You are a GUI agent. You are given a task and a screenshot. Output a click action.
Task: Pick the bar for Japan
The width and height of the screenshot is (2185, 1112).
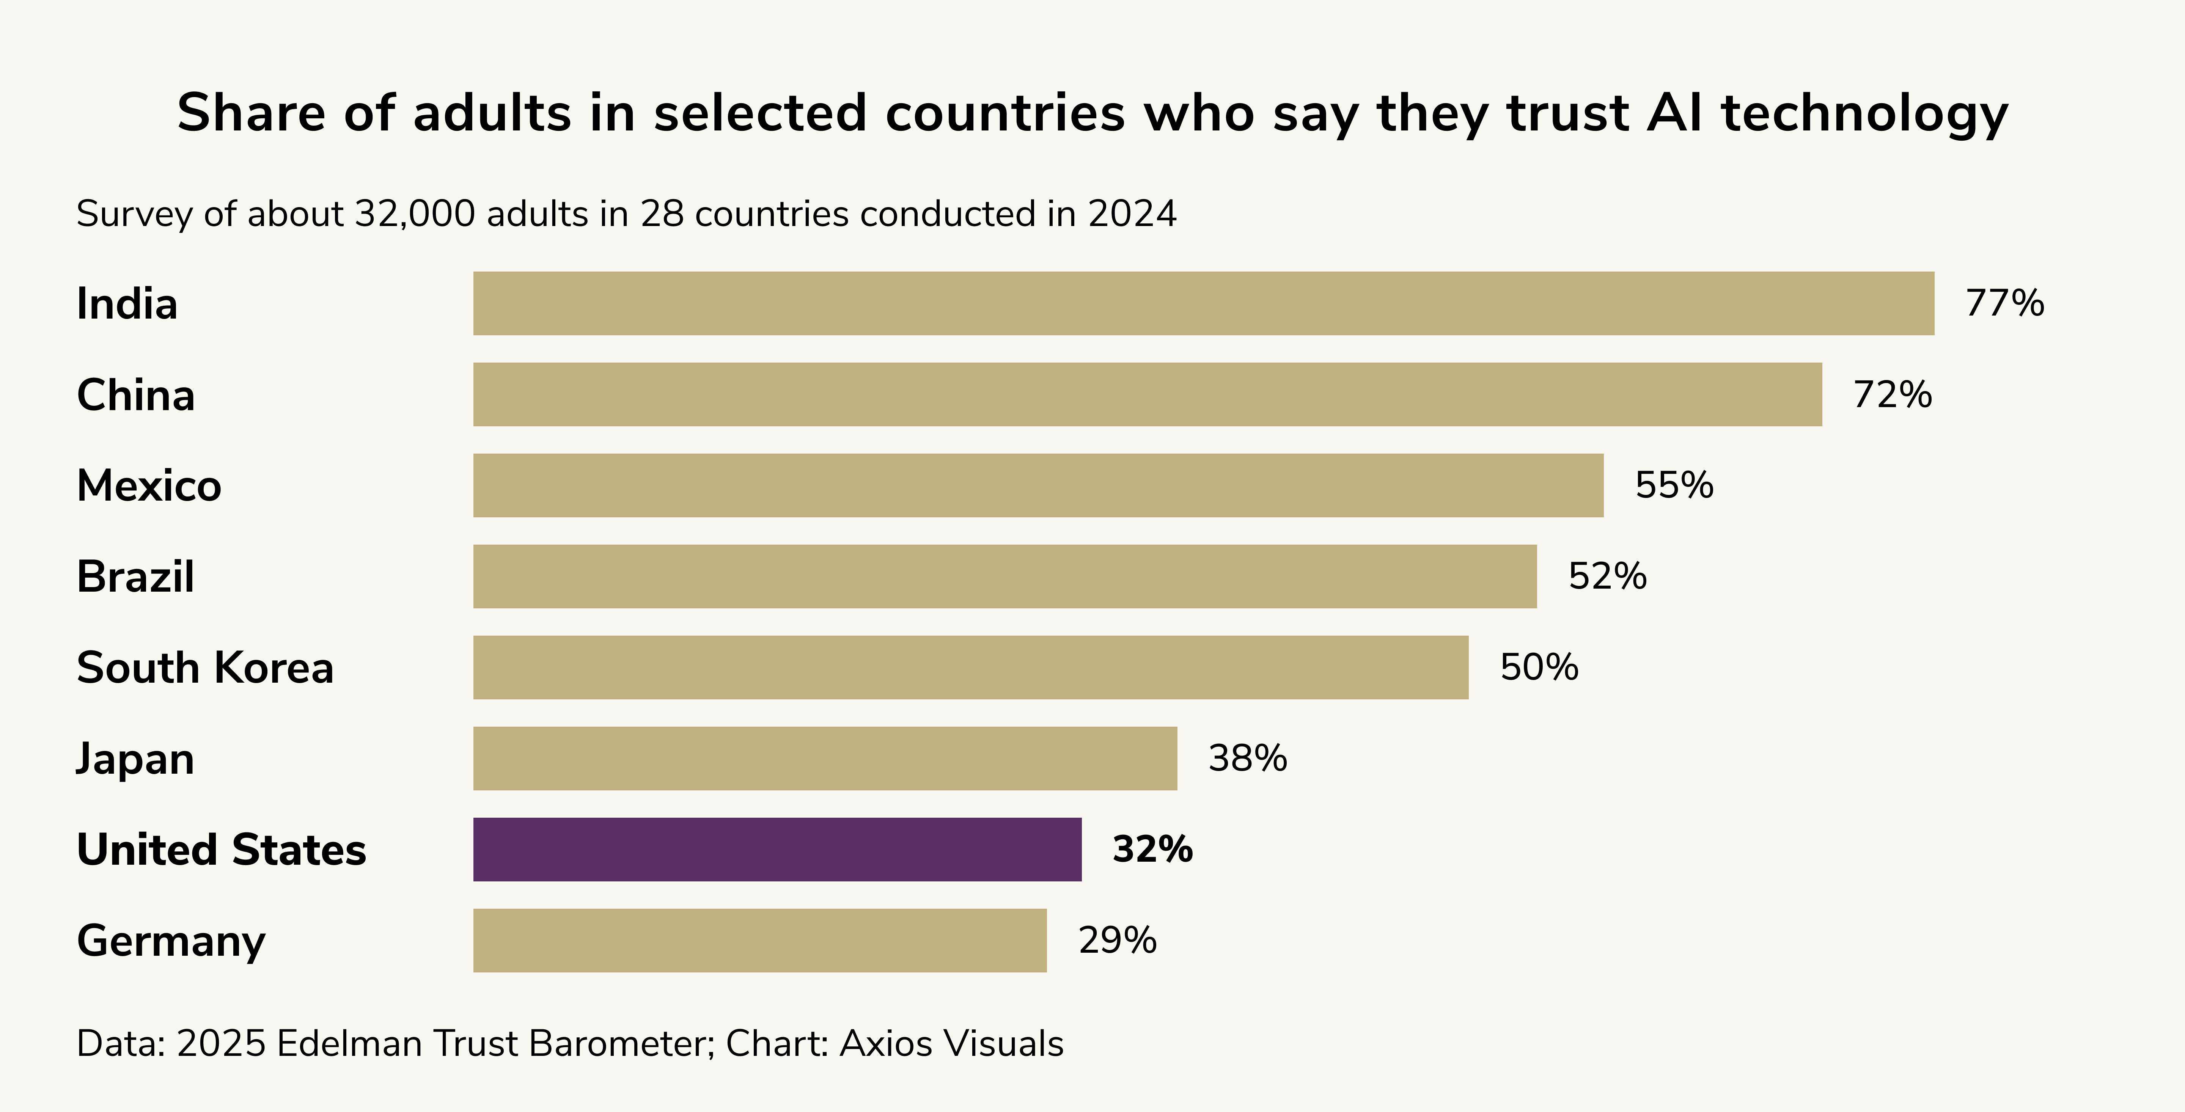[824, 758]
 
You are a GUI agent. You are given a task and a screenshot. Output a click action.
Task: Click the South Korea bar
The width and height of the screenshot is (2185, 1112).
[970, 668]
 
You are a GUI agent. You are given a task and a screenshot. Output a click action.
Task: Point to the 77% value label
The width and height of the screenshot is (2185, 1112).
[2004, 304]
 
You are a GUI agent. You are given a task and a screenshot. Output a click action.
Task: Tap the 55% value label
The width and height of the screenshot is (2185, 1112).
[1674, 485]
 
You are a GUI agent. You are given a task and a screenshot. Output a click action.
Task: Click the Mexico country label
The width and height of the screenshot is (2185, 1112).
[148, 486]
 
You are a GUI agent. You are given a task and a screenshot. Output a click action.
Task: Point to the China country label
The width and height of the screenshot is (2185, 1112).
[136, 395]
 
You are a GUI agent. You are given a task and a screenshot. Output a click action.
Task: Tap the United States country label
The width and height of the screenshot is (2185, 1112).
[220, 850]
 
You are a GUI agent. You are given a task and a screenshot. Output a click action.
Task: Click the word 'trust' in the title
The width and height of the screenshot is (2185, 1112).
[1567, 113]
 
